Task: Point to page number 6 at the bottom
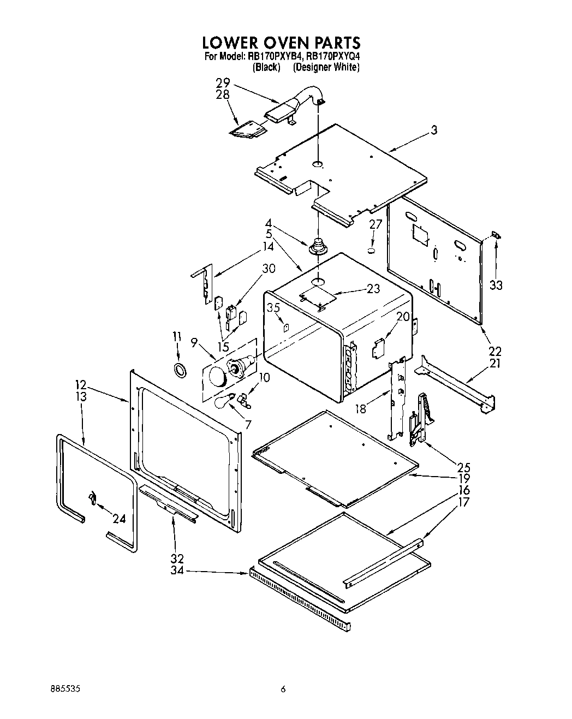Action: (283, 690)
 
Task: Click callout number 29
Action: (222, 84)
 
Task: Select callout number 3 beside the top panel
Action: (433, 130)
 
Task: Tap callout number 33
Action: (496, 284)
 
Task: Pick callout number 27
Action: (376, 224)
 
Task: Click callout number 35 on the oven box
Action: (273, 308)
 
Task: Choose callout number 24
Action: (119, 519)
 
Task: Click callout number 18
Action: (361, 408)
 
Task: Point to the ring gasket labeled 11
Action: (178, 370)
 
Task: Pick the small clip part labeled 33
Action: (496, 235)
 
